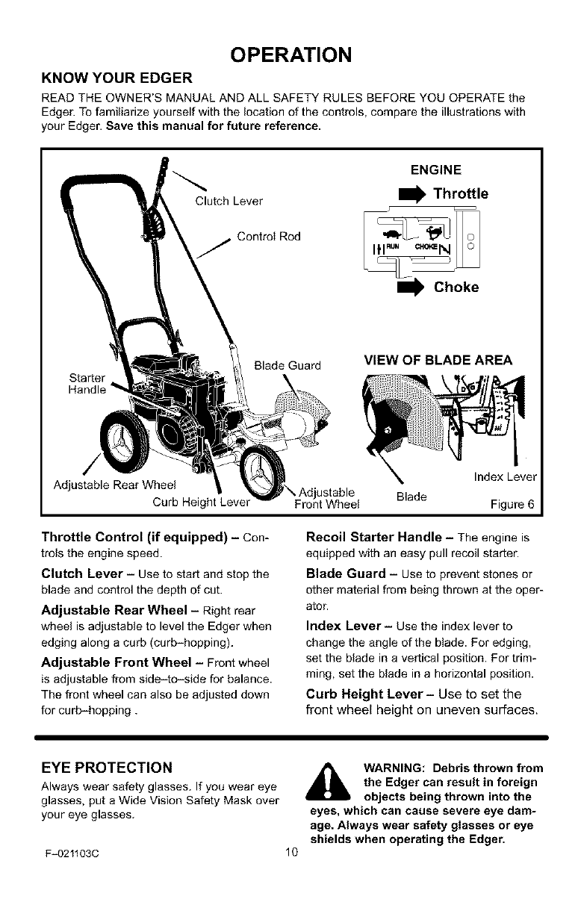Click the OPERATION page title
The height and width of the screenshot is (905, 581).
(290, 56)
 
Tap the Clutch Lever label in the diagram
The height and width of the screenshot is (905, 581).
(229, 200)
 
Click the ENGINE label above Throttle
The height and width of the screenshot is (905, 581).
(436, 169)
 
